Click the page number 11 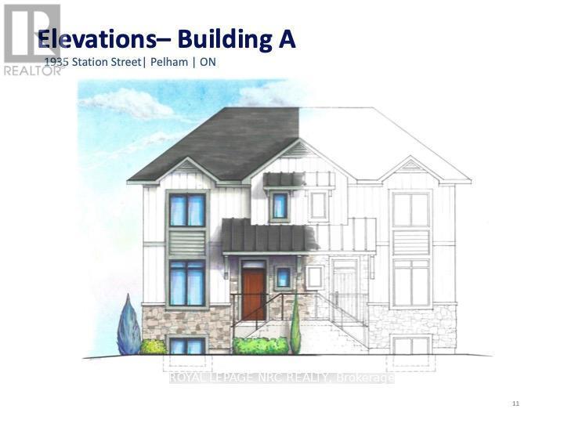coord(515,403)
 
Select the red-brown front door coord(253,293)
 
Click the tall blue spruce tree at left coord(128,327)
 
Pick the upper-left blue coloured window coord(187,210)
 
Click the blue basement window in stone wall coord(186,345)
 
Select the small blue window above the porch coord(280,205)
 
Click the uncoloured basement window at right coord(411,345)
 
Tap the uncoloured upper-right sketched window coord(410,209)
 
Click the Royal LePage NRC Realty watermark coord(282,378)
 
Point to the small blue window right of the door coord(283,277)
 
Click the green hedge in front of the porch coord(261,345)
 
